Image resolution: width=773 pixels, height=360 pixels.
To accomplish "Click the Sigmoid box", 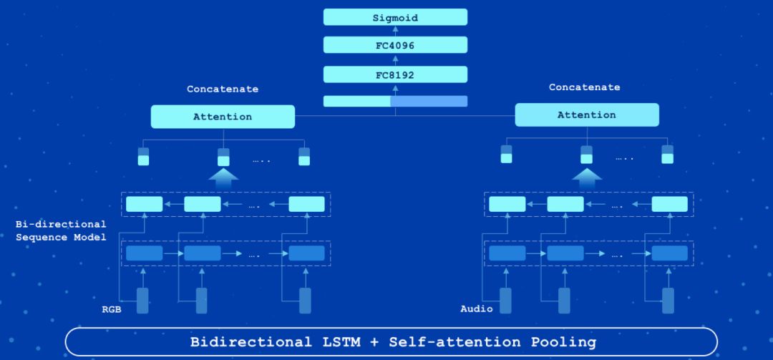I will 395,17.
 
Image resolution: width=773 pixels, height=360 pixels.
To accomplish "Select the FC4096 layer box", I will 395,46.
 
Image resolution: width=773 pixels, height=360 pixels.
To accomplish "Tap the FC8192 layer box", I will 395,74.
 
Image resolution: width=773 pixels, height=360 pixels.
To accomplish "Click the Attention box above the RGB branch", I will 223,117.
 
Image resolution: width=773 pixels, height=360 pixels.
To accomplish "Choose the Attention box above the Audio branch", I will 586,115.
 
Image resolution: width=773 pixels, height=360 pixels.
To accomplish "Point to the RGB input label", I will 110,311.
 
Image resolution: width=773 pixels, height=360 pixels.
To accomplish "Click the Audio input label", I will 477,309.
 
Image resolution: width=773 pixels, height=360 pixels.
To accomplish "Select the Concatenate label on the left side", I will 223,89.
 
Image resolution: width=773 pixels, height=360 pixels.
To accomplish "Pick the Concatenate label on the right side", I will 584,87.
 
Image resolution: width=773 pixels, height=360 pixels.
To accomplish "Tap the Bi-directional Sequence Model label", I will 60,230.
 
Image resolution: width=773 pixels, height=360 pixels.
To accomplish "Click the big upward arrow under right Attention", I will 586,177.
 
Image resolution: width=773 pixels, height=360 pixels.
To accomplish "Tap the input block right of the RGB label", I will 143,301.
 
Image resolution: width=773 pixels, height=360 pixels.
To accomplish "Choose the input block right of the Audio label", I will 506,301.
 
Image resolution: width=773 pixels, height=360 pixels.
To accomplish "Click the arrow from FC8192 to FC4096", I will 395,60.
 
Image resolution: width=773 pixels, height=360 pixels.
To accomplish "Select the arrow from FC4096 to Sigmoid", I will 395,31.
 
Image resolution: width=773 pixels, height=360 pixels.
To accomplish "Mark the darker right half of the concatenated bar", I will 429,102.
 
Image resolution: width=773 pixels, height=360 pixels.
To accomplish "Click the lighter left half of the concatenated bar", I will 356,102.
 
